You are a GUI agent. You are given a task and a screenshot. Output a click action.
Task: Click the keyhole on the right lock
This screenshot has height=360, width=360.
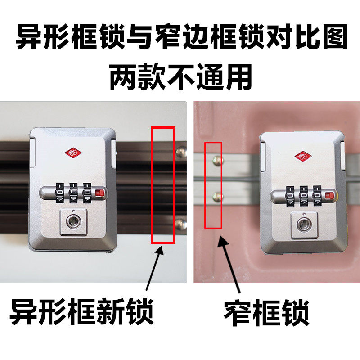304,222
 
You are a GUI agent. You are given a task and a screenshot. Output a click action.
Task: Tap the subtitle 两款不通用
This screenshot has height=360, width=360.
180,76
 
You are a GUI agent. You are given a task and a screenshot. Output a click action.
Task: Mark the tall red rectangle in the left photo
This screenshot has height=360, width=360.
163,185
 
